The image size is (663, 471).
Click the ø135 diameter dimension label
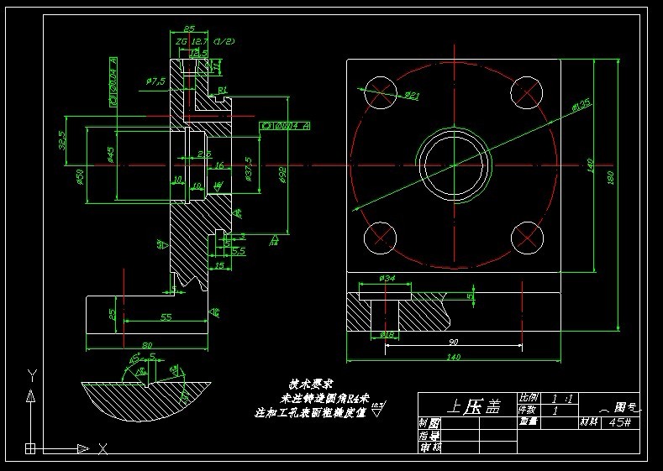tap(580, 106)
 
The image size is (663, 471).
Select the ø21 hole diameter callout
tap(411, 96)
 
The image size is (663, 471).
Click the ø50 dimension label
tap(80, 175)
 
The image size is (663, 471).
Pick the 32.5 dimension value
tap(61, 139)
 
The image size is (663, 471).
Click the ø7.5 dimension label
tap(155, 81)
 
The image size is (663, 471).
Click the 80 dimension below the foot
tap(146, 345)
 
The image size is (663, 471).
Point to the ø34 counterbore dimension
tap(387, 278)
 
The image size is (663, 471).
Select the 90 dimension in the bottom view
tap(453, 342)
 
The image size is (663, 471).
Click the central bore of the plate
tap(454, 165)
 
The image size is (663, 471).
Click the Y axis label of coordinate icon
tap(31, 374)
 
